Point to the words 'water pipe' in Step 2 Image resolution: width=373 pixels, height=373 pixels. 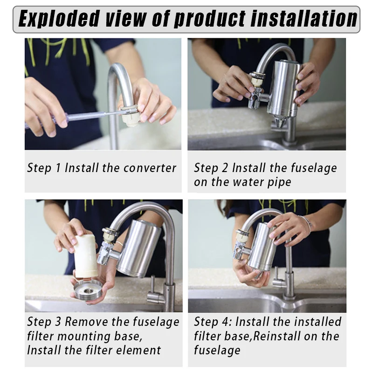point(261,182)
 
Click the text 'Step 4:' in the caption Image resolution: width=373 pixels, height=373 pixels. point(213,322)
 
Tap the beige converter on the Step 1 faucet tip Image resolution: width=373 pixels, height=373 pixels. point(131,117)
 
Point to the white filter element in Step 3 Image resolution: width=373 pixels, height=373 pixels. point(86,256)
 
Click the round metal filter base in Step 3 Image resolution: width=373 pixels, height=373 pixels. point(88,289)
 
